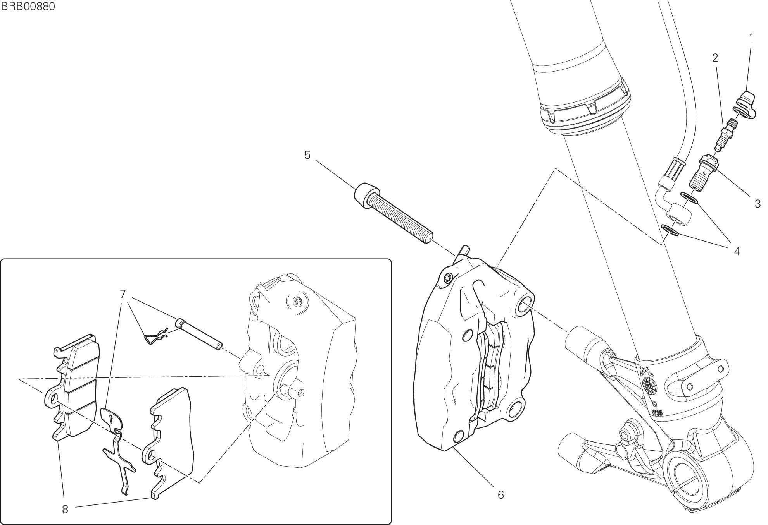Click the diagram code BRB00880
[28, 7]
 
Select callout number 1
[752, 38]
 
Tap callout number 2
[715, 58]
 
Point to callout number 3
[758, 204]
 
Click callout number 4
[737, 252]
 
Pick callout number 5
[307, 155]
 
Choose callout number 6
[500, 495]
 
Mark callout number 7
[123, 294]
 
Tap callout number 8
[65, 509]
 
